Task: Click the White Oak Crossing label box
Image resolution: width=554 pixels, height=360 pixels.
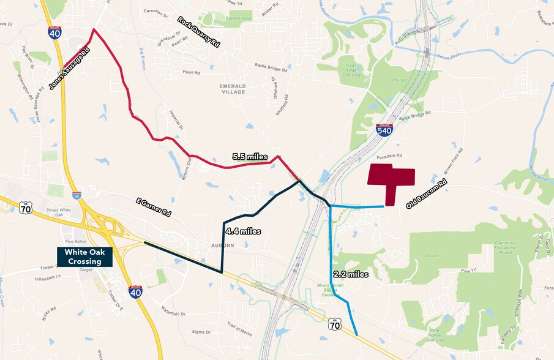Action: pos(85,257)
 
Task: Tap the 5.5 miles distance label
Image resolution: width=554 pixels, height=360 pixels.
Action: pos(250,157)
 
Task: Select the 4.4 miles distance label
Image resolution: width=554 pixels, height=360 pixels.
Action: pos(243,231)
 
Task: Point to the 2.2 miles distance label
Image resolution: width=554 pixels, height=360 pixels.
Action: pos(350,274)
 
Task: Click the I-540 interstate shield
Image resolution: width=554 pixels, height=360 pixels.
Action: pos(384,130)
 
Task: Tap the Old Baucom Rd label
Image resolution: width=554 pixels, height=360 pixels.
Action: pos(426,193)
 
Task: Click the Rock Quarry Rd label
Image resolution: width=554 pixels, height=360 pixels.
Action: pos(198,32)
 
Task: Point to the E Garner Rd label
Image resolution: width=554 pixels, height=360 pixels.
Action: pos(153,206)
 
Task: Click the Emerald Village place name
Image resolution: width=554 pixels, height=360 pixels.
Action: pos(232,89)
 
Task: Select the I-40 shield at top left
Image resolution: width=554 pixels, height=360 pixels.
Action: pos(54,32)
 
